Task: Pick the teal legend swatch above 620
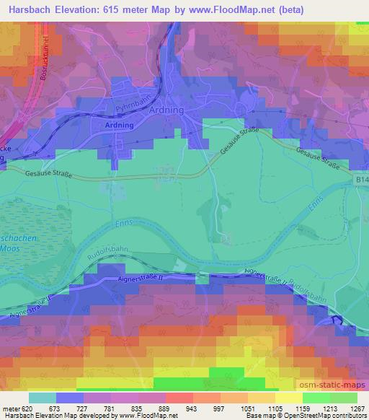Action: (x=42, y=398)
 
